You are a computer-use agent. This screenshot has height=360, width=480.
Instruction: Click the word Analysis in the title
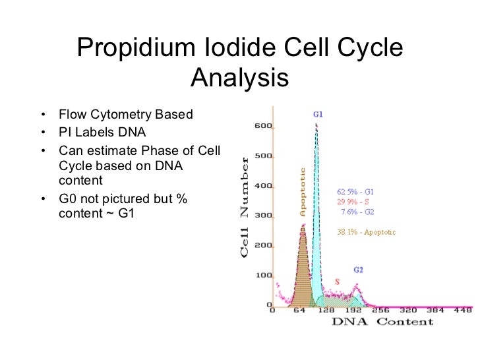point(239,79)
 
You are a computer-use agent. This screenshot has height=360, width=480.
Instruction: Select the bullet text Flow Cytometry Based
point(125,115)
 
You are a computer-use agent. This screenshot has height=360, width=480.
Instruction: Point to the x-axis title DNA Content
point(382,321)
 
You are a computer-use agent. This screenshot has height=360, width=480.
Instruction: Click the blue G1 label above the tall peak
point(317,113)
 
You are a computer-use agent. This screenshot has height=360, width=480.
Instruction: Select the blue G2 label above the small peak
point(358,270)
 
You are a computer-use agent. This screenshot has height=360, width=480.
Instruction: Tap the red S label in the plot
point(337,282)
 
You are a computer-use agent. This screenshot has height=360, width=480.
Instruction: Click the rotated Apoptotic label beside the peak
point(303,192)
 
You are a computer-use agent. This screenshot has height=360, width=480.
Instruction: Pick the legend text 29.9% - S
point(353,202)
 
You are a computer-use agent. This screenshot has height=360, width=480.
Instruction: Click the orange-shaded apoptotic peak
point(303,270)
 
